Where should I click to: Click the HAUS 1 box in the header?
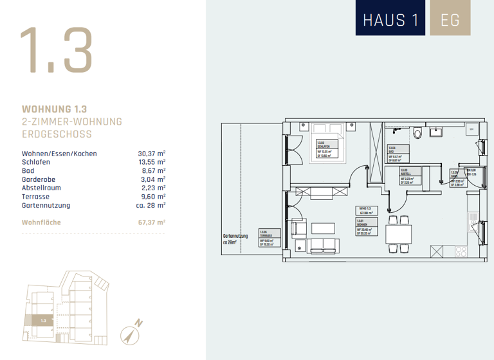coord(390,19)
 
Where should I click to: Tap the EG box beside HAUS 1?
coord(450,19)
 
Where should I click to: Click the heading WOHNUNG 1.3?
coord(54,109)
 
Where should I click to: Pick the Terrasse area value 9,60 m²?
coord(152,197)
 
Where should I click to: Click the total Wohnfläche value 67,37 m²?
coord(152,222)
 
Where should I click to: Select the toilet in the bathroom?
coord(418,133)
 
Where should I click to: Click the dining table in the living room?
coord(398,233)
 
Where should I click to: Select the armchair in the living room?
coord(299,228)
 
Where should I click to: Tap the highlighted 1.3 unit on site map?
coord(43,319)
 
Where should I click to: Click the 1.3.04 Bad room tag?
coord(398,154)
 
